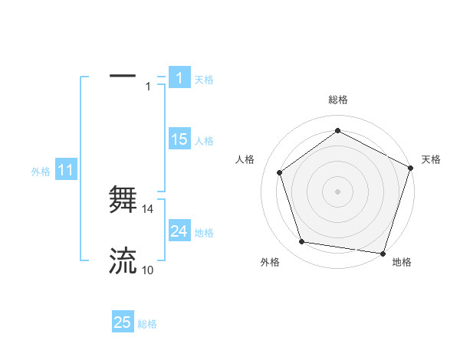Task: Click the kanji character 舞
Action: (123, 200)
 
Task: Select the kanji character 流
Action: (123, 260)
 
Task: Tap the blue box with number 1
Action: (179, 78)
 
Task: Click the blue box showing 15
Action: (179, 139)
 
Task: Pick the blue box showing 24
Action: (179, 231)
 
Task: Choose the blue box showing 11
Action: (65, 171)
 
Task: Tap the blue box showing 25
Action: (123, 322)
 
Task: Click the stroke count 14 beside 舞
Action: (149, 208)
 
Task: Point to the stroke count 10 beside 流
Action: (148, 270)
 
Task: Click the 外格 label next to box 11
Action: (41, 172)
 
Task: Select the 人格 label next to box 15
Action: (205, 141)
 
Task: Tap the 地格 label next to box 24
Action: (205, 232)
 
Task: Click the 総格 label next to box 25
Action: (147, 324)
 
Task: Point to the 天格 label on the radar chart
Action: (431, 159)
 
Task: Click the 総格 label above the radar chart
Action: (338, 100)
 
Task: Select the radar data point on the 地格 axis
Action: (383, 253)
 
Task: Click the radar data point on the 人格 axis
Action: (280, 172)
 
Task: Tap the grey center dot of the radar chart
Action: (338, 191)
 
